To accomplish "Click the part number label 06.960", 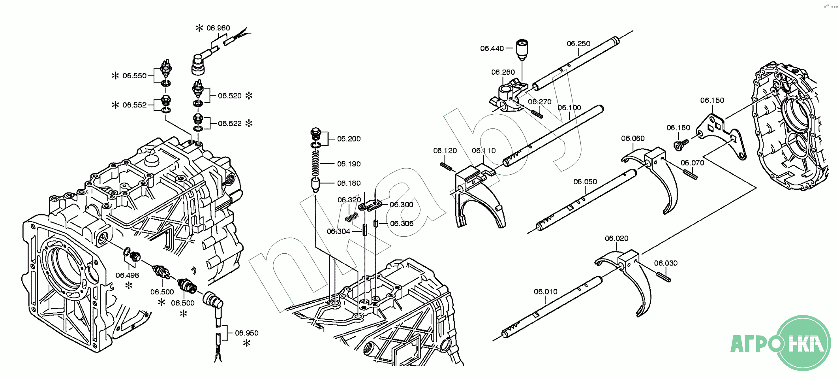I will coord(218,28).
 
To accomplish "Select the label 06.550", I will coord(134,76).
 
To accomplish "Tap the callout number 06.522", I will coord(229,124).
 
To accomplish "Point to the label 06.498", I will coord(127,275).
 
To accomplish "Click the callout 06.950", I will coord(246,333).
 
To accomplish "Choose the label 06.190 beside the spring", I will coord(349,164).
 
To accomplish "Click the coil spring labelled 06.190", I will coord(315,163).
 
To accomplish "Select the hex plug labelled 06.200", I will coord(315,134).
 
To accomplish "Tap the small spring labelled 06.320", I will coord(352,217).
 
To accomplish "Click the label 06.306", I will coord(402,224).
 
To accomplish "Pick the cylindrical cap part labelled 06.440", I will coord(522,49).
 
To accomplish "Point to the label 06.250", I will coord(578,44).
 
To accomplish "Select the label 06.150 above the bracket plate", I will coord(712,100).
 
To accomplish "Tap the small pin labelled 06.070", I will coord(690,173).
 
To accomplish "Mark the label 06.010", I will coord(546,292).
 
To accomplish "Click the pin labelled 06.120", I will coord(446,166).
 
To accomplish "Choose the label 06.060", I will coord(633,138).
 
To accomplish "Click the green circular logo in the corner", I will coord(803,343).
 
